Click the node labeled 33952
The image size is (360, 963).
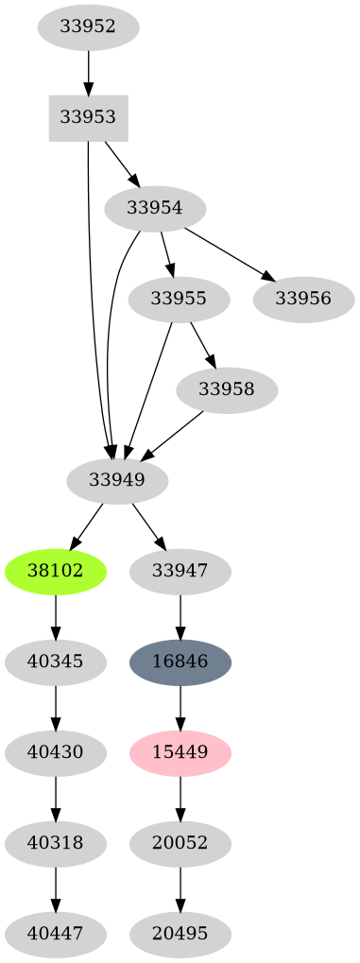tap(88, 26)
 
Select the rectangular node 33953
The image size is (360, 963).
tap(88, 117)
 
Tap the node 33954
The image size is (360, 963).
tap(154, 208)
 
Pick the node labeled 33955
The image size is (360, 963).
tap(179, 299)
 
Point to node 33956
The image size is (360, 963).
tap(303, 299)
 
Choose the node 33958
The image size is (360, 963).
tap(227, 389)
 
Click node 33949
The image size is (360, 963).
tap(117, 480)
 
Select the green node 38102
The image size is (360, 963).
tap(56, 571)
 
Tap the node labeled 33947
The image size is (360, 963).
tap(180, 571)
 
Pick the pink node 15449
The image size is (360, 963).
tap(180, 752)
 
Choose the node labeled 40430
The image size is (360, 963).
tap(56, 752)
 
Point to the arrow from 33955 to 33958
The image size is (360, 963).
tap(203, 345)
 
